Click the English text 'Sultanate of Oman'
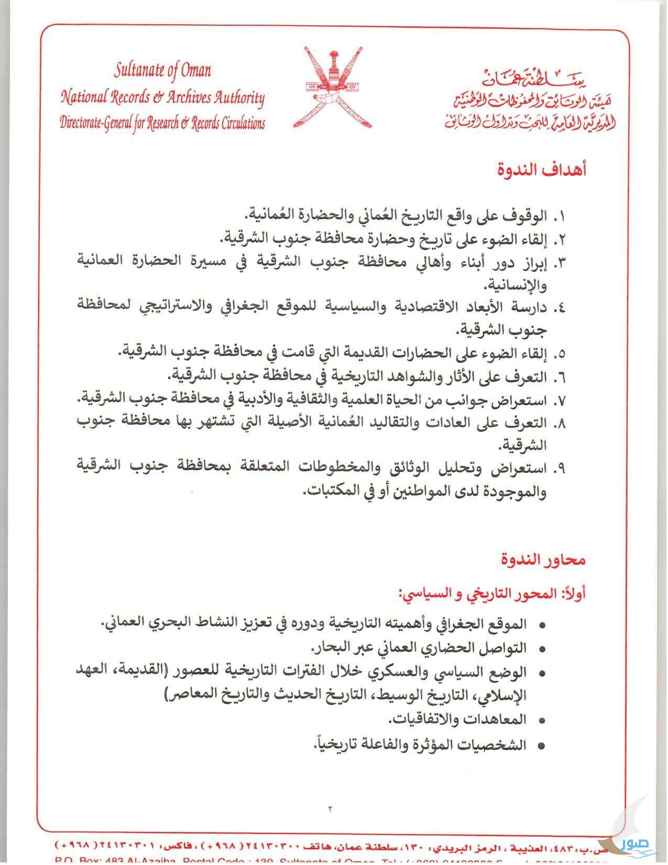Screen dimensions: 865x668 163,71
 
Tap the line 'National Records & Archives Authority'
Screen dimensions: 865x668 163,97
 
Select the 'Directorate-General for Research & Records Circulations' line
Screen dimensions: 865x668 162,124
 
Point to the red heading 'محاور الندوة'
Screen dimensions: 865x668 542,560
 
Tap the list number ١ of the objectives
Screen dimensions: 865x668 560,216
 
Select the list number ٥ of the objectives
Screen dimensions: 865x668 560,354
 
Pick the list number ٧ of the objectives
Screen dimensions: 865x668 560,401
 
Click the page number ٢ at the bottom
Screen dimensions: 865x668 331,809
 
